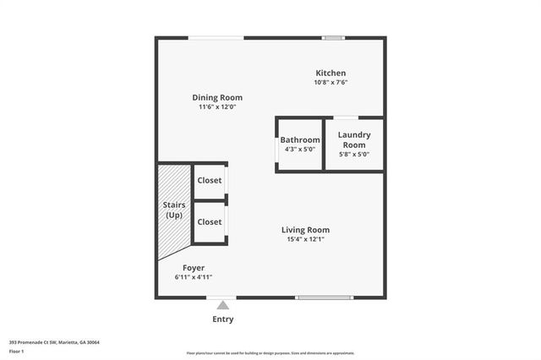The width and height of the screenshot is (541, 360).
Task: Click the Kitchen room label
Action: tap(331, 73)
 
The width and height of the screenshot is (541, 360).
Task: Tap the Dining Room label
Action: tap(217, 97)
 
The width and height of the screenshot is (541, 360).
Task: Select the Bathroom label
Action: tap(300, 139)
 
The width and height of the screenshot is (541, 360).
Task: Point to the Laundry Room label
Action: tap(354, 139)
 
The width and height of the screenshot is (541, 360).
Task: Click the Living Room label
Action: tap(305, 229)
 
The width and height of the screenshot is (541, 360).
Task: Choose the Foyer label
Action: tap(193, 267)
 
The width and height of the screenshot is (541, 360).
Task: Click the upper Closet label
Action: tap(209, 180)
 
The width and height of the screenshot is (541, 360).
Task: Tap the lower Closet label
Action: tap(209, 221)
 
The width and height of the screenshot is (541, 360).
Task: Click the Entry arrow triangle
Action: tap(222, 305)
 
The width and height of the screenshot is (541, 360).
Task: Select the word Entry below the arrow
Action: tap(222, 319)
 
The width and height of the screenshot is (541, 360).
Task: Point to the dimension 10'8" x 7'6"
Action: tap(331, 83)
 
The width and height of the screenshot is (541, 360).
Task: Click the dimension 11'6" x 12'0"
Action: tap(217, 107)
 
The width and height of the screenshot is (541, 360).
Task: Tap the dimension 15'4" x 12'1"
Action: tap(305, 239)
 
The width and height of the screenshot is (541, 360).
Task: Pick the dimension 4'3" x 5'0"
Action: tap(300, 150)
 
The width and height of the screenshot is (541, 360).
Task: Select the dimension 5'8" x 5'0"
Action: tap(354, 155)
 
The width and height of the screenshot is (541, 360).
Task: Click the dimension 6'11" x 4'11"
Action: tap(193, 277)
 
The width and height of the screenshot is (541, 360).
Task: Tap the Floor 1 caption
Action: tap(17, 352)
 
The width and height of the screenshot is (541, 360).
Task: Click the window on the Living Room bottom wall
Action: tap(325, 297)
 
